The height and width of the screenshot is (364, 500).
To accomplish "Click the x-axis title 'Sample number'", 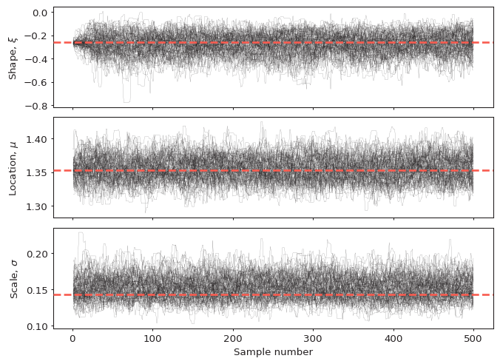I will point(273,352).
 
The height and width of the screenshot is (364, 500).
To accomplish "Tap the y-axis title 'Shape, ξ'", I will point(13,57).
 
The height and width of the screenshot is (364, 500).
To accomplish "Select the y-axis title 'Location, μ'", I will point(13,167).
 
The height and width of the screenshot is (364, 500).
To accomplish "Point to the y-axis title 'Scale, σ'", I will point(13,277).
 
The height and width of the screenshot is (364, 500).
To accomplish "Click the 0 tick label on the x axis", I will point(72,338).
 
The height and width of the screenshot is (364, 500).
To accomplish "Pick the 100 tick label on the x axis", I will point(153,338).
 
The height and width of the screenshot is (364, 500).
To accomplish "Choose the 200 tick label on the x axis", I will point(233,338).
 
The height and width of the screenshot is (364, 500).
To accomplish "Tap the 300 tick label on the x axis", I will point(313,338).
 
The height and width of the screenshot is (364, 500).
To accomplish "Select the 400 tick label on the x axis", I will point(393,338).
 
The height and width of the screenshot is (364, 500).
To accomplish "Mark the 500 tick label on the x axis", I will point(473,338).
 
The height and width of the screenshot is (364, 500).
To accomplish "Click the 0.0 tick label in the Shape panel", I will point(40,13).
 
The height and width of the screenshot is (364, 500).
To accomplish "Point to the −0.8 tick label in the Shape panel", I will point(37,106).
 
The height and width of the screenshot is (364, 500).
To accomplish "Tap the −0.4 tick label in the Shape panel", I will point(37,59).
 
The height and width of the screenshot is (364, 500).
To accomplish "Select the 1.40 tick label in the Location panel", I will point(38,139).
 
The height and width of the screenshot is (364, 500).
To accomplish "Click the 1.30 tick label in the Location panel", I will point(38,206).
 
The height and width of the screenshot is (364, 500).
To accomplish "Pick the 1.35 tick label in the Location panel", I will point(38,172).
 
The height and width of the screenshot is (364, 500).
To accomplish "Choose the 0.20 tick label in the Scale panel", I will point(38,254).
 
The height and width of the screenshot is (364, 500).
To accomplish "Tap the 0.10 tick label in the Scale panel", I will point(38,326).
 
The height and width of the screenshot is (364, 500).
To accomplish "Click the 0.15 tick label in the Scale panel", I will point(38,290).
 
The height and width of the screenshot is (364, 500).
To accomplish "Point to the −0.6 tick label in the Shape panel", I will point(37,83).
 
